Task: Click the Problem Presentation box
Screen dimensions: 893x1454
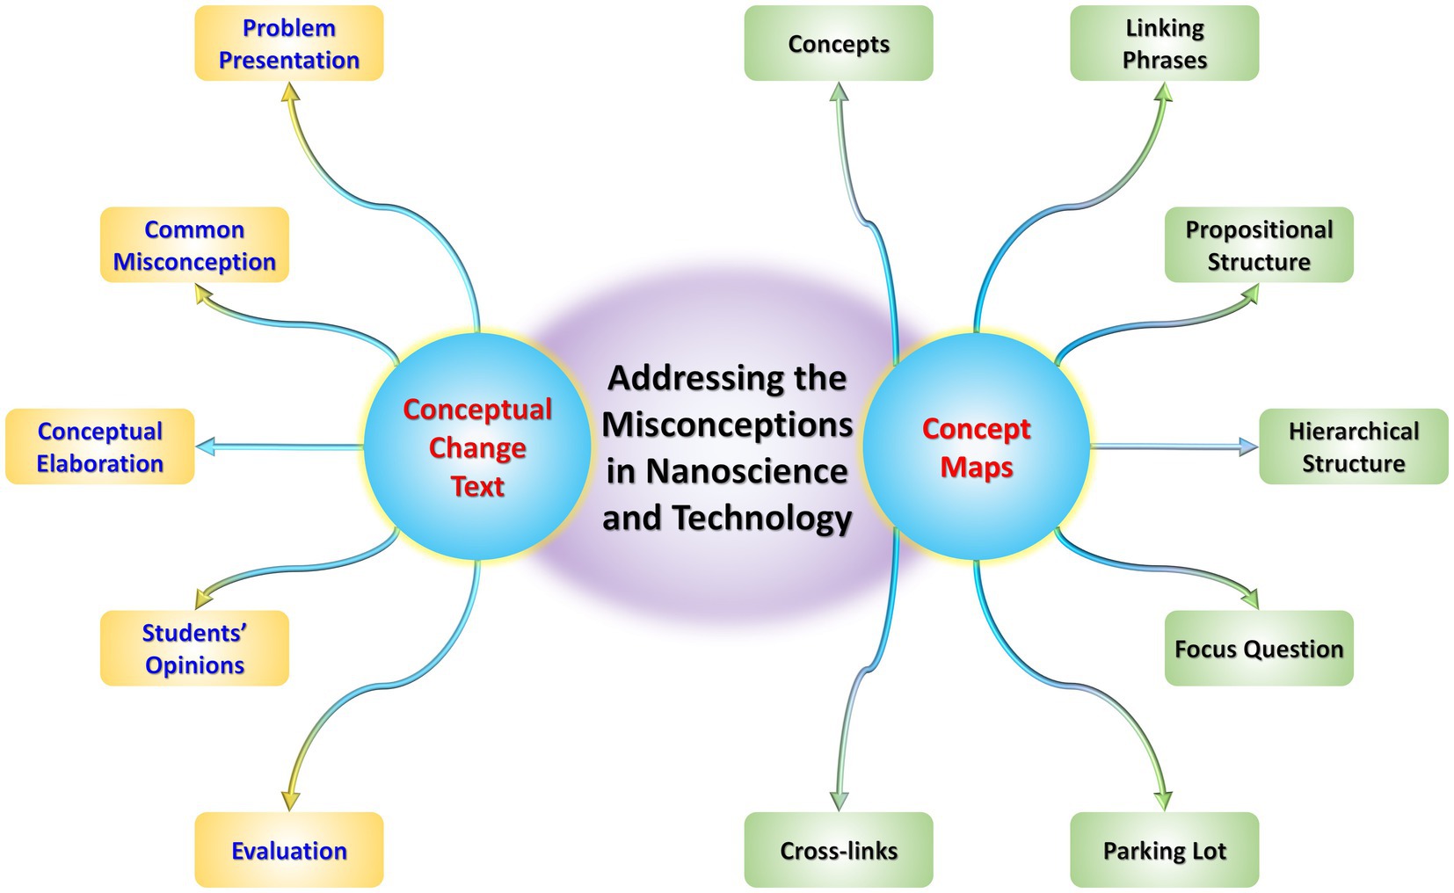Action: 288,44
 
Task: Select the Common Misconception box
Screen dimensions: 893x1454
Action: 194,245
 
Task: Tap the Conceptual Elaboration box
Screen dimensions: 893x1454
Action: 99,446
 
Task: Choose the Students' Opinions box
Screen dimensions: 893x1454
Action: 194,649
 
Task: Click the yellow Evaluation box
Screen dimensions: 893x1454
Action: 288,850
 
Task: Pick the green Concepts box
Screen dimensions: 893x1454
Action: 838,44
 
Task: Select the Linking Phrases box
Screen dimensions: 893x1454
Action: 1164,44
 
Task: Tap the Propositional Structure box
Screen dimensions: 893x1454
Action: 1258,245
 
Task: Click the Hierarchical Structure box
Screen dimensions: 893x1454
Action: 1353,446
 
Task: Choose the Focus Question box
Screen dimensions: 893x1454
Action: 1258,649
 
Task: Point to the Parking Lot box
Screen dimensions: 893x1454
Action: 1164,850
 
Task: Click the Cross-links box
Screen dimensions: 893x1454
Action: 838,850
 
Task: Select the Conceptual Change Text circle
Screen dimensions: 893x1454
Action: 477,446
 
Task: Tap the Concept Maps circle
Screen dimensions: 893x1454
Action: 976,446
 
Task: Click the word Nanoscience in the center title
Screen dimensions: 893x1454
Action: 746,472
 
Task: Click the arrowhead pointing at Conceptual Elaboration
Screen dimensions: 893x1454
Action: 206,446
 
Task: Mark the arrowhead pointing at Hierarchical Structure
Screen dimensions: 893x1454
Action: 1248,446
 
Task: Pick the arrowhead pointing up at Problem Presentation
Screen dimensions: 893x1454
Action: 290,92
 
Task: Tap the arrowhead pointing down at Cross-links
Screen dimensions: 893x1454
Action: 840,801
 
